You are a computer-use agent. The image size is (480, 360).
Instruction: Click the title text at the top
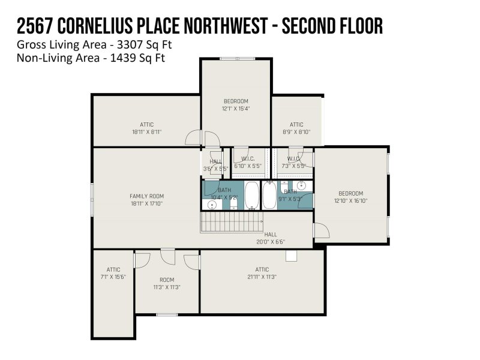(200, 26)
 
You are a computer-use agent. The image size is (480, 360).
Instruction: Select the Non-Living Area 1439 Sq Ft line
(91, 58)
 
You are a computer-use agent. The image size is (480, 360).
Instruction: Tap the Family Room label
(146, 196)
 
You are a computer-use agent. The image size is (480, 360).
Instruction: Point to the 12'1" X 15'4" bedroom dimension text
(236, 109)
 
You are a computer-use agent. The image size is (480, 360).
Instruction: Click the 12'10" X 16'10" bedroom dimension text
(351, 201)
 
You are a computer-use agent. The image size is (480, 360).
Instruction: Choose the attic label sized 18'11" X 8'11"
(146, 131)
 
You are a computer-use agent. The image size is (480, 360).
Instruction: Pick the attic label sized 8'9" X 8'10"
(296, 131)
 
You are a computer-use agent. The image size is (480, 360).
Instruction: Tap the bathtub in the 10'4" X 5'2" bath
(252, 195)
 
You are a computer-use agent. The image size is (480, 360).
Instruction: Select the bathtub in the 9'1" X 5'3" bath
(270, 195)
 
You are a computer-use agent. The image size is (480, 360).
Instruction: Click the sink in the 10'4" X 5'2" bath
(212, 205)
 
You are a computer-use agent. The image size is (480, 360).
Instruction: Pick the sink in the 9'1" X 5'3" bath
(302, 185)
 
